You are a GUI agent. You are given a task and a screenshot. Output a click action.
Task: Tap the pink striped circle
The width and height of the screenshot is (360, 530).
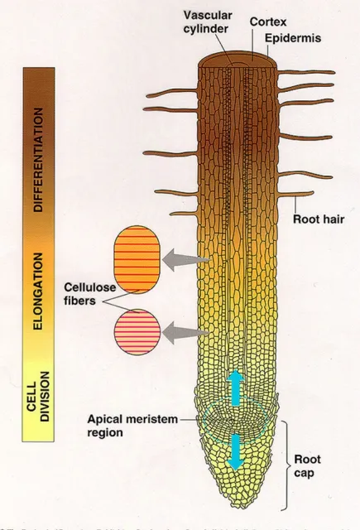(x=137, y=334)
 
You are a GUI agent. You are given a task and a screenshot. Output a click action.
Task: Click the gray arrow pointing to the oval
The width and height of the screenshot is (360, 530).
(x=184, y=262)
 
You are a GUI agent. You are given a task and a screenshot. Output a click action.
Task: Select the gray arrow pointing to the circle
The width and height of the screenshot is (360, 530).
(x=185, y=333)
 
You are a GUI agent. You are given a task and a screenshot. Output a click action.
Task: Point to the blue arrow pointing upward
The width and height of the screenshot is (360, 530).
(x=235, y=387)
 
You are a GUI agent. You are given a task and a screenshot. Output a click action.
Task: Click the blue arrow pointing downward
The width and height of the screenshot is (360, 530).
(x=237, y=451)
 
